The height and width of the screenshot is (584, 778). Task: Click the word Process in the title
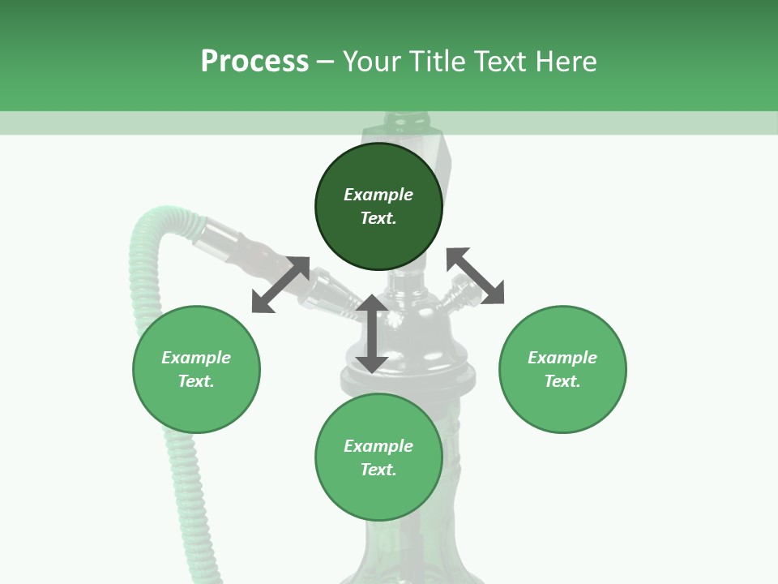pyautogui.click(x=254, y=62)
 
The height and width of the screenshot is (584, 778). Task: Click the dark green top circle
pyautogui.click(x=378, y=207)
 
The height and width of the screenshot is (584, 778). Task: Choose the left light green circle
pyautogui.click(x=196, y=369)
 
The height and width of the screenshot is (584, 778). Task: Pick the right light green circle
pyautogui.click(x=562, y=369)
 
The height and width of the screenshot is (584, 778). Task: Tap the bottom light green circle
pyautogui.click(x=378, y=457)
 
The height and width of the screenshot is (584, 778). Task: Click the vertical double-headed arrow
pyautogui.click(x=372, y=333)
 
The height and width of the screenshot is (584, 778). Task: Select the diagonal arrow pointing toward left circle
pyautogui.click(x=280, y=285)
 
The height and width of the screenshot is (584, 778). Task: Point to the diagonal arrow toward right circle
pyautogui.click(x=475, y=276)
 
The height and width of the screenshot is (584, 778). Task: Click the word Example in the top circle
pyautogui.click(x=378, y=195)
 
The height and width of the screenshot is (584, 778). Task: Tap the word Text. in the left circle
pyautogui.click(x=196, y=381)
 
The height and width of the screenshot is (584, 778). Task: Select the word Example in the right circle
pyautogui.click(x=562, y=358)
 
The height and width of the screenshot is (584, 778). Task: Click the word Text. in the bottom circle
pyautogui.click(x=378, y=470)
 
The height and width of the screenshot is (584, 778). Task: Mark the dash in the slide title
pyautogui.click(x=326, y=62)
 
